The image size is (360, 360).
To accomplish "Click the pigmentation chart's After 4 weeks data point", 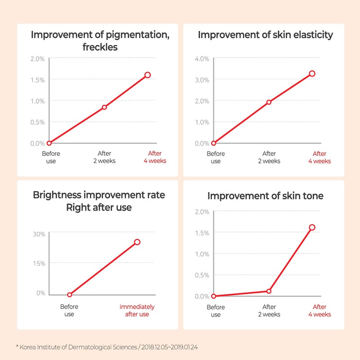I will [x=148, y=75].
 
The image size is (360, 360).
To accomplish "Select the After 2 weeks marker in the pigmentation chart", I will [x=104, y=107].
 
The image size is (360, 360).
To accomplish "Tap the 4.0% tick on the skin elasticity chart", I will [x=202, y=59].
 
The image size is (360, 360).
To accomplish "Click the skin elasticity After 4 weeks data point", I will [x=312, y=73].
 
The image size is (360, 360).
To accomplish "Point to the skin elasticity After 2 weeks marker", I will [x=269, y=102].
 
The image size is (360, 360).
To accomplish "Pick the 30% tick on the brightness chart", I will [x=39, y=234].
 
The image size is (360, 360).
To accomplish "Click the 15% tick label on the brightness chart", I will [x=39, y=264].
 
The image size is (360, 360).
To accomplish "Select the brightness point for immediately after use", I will [x=137, y=242].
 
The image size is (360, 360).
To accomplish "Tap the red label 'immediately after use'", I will [x=137, y=310].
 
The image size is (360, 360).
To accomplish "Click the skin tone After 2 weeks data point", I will [x=269, y=291].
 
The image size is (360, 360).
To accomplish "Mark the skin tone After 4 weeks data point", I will [x=312, y=227].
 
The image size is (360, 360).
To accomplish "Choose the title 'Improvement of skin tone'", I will [x=266, y=196].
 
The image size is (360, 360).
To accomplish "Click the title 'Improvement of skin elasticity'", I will [x=265, y=35].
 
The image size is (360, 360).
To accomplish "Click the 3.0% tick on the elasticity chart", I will [x=202, y=80].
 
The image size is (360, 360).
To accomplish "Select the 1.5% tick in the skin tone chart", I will [x=202, y=233].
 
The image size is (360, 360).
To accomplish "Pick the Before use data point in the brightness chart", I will [x=69, y=295].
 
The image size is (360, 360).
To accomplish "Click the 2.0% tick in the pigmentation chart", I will [x=37, y=59].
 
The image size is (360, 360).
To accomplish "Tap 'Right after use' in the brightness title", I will [x=99, y=207].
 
